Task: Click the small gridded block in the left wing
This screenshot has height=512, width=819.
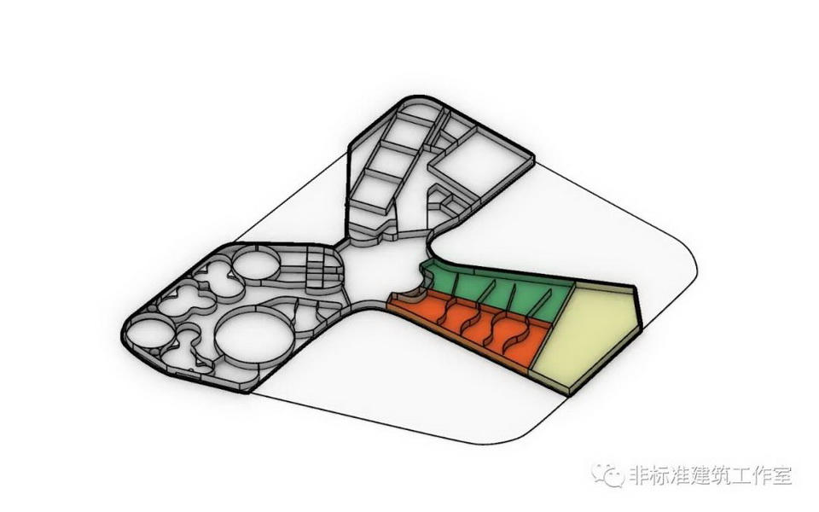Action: click(x=322, y=267)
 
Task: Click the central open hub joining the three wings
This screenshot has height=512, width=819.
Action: click(x=384, y=271)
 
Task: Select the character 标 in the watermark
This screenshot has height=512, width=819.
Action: click(x=663, y=475)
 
